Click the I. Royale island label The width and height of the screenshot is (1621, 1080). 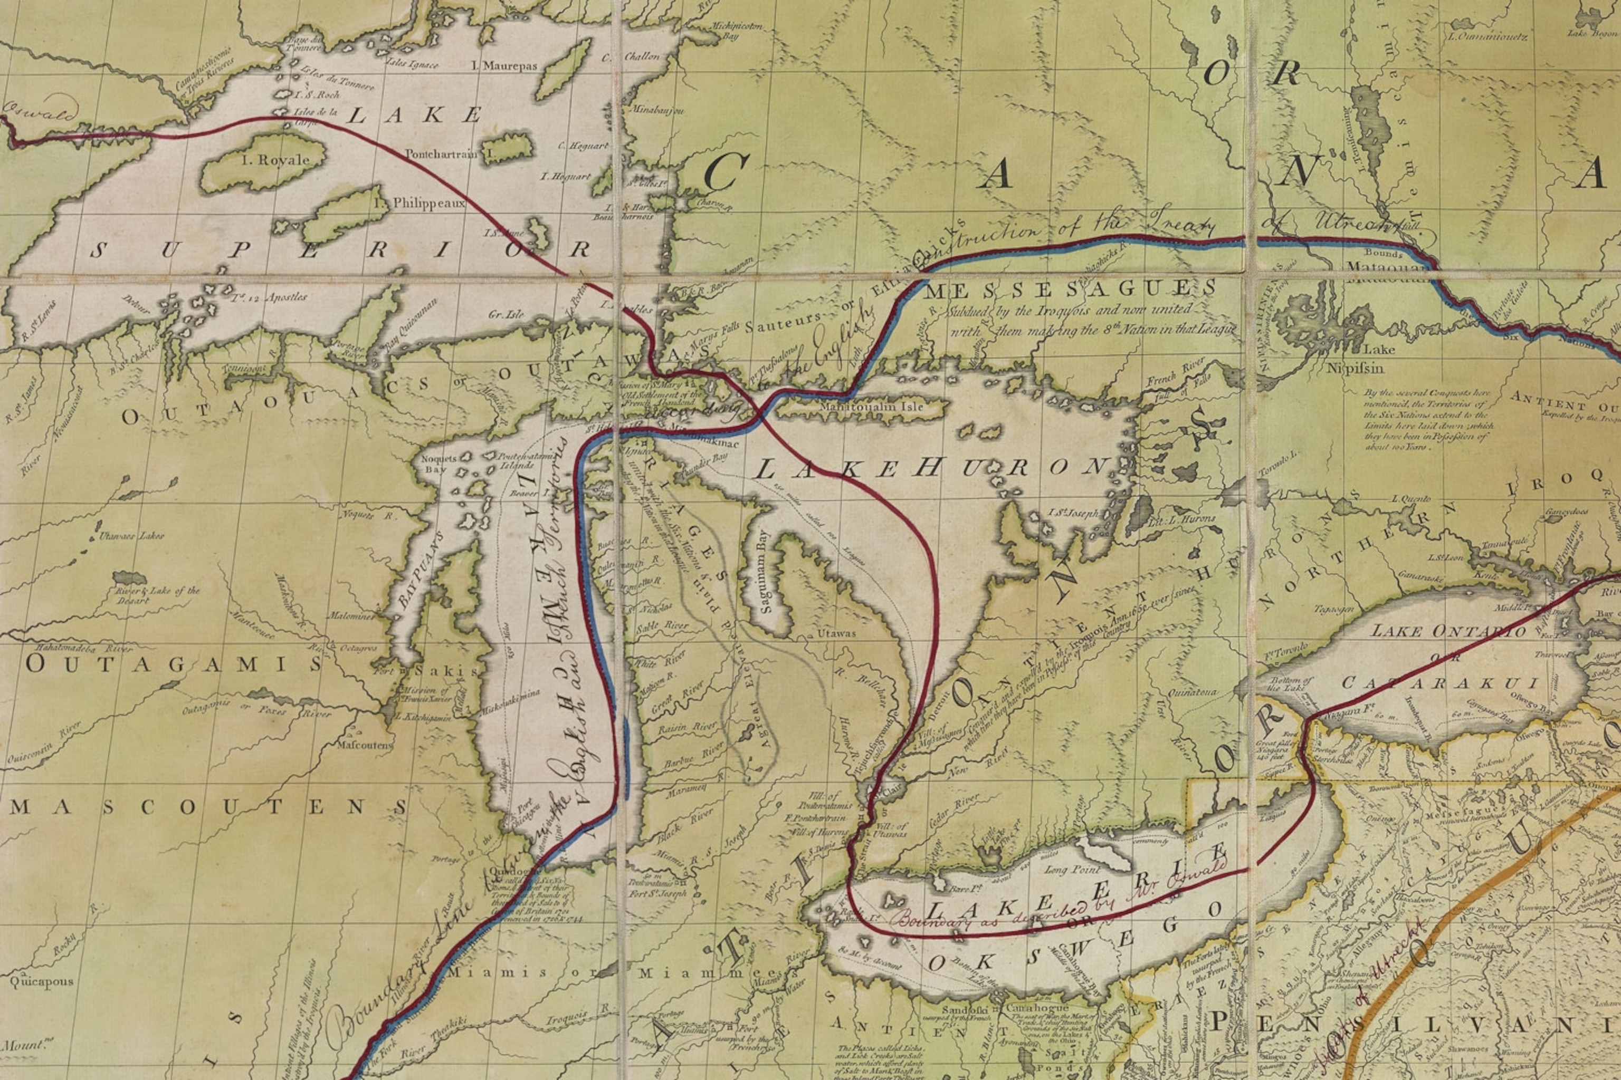275,160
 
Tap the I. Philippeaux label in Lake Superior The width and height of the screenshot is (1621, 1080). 419,203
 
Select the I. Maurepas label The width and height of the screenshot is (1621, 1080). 504,66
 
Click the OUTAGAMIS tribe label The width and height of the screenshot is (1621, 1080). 174,664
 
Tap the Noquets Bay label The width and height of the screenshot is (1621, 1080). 438,463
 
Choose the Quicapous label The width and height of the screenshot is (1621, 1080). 41,981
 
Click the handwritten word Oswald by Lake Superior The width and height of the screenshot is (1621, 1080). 41,112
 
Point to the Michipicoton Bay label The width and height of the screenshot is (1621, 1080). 736,30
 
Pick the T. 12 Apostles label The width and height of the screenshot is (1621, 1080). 269,297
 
